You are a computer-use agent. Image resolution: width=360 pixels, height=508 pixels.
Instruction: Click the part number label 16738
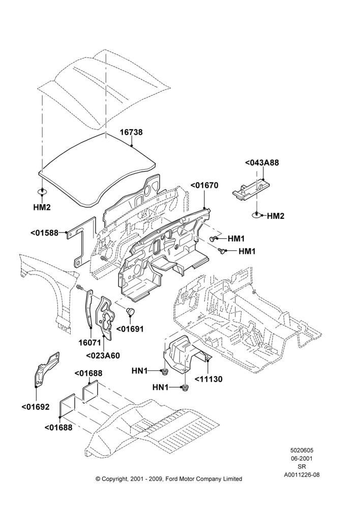[x=131, y=132]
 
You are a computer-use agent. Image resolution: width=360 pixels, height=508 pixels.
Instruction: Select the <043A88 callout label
[x=262, y=163]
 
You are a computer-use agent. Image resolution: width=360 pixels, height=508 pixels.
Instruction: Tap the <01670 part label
[x=204, y=185]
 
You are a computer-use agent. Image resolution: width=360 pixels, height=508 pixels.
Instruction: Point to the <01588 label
[x=44, y=233]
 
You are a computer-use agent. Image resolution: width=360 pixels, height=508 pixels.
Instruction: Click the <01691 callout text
[x=130, y=329]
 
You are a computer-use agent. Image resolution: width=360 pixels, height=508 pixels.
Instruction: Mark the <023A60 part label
[x=103, y=356]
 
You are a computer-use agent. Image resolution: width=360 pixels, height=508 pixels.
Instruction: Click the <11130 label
[x=208, y=379]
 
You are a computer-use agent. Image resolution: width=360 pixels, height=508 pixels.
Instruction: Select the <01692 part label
[x=36, y=407]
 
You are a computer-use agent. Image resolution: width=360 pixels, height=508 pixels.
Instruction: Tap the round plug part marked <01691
[x=131, y=311]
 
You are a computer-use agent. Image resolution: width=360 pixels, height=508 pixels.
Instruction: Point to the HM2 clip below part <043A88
[x=257, y=215]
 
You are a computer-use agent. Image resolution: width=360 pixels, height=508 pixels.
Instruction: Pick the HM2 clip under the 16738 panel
[x=42, y=192]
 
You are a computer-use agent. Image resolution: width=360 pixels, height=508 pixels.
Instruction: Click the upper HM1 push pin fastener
[x=213, y=239]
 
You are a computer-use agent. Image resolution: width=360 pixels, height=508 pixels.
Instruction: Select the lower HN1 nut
[x=185, y=387]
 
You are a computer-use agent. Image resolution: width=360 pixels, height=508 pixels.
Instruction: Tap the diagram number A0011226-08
[x=302, y=475]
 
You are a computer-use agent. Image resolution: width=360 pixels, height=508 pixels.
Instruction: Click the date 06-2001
[x=302, y=458]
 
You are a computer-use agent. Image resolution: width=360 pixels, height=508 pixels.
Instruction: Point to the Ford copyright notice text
[x=169, y=479]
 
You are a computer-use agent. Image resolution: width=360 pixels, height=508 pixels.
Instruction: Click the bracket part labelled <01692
[x=46, y=369]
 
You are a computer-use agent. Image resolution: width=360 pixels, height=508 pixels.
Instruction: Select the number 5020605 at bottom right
[x=302, y=450]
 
